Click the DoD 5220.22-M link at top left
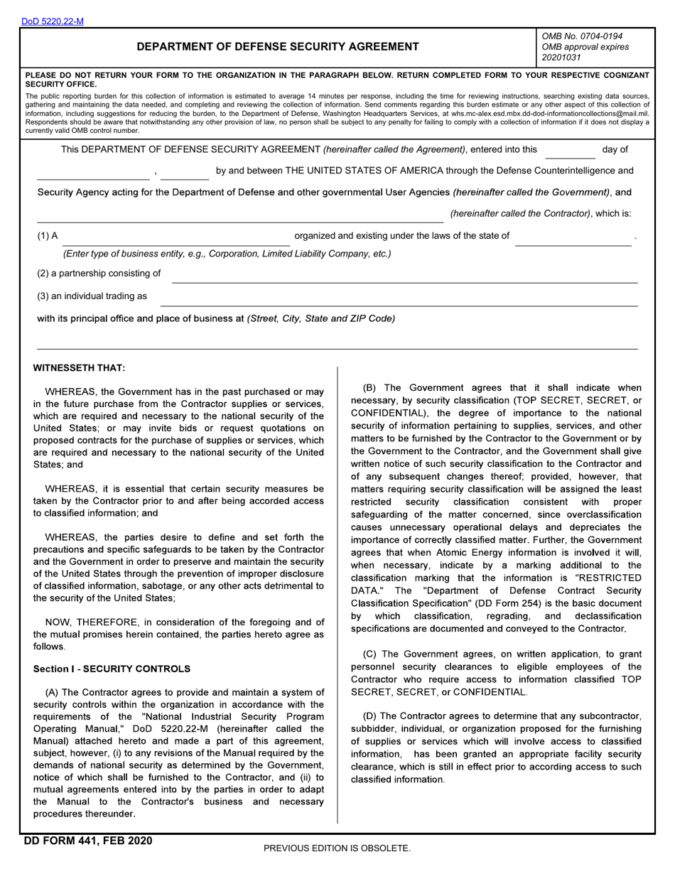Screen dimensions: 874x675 (52, 21)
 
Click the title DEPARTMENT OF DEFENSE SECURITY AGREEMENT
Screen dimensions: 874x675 (277, 47)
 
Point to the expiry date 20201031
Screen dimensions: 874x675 (561, 58)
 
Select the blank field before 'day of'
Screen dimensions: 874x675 (570, 151)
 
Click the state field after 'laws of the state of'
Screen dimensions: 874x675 (573, 237)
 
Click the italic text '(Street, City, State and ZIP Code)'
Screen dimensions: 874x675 (321, 318)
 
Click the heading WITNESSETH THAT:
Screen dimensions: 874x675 (79, 367)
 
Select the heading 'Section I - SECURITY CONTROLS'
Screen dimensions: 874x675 (112, 669)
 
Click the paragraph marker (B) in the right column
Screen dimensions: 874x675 (369, 388)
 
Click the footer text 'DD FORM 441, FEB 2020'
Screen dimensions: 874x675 (88, 841)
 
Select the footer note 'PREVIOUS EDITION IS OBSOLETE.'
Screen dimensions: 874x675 (337, 848)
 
